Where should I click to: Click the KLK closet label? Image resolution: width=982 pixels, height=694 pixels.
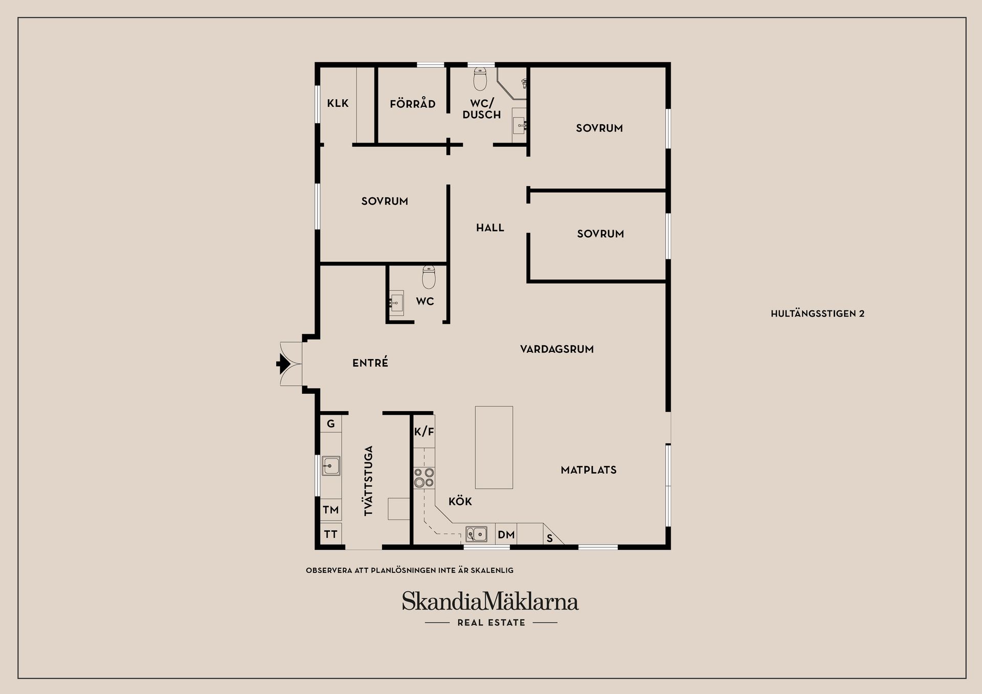338,103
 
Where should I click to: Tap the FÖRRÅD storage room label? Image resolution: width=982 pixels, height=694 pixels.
412,104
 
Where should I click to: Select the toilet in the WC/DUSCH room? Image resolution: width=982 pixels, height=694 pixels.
480,79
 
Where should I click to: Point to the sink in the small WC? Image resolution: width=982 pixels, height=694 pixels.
396,303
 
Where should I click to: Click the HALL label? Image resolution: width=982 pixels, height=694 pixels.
490,228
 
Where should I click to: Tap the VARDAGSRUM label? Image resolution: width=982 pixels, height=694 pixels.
556,349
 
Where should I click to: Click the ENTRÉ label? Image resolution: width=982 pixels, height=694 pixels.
370,363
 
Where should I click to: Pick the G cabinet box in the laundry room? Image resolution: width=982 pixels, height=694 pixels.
331,423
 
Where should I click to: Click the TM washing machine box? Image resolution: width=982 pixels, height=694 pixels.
331,510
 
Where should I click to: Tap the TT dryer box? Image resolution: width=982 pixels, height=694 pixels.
331,534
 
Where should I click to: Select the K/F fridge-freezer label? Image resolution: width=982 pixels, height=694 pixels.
424,432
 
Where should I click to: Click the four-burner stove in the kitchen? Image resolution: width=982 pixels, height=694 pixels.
424,478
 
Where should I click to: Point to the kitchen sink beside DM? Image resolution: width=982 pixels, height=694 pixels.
476,534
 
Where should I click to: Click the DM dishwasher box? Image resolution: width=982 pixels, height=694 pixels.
506,534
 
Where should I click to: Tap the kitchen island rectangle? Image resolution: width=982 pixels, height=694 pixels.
494,447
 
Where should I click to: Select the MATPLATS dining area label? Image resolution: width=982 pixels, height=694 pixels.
588,470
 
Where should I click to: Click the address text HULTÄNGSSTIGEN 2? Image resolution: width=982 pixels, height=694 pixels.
817,314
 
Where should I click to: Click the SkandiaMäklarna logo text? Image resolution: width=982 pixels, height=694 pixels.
490,601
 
